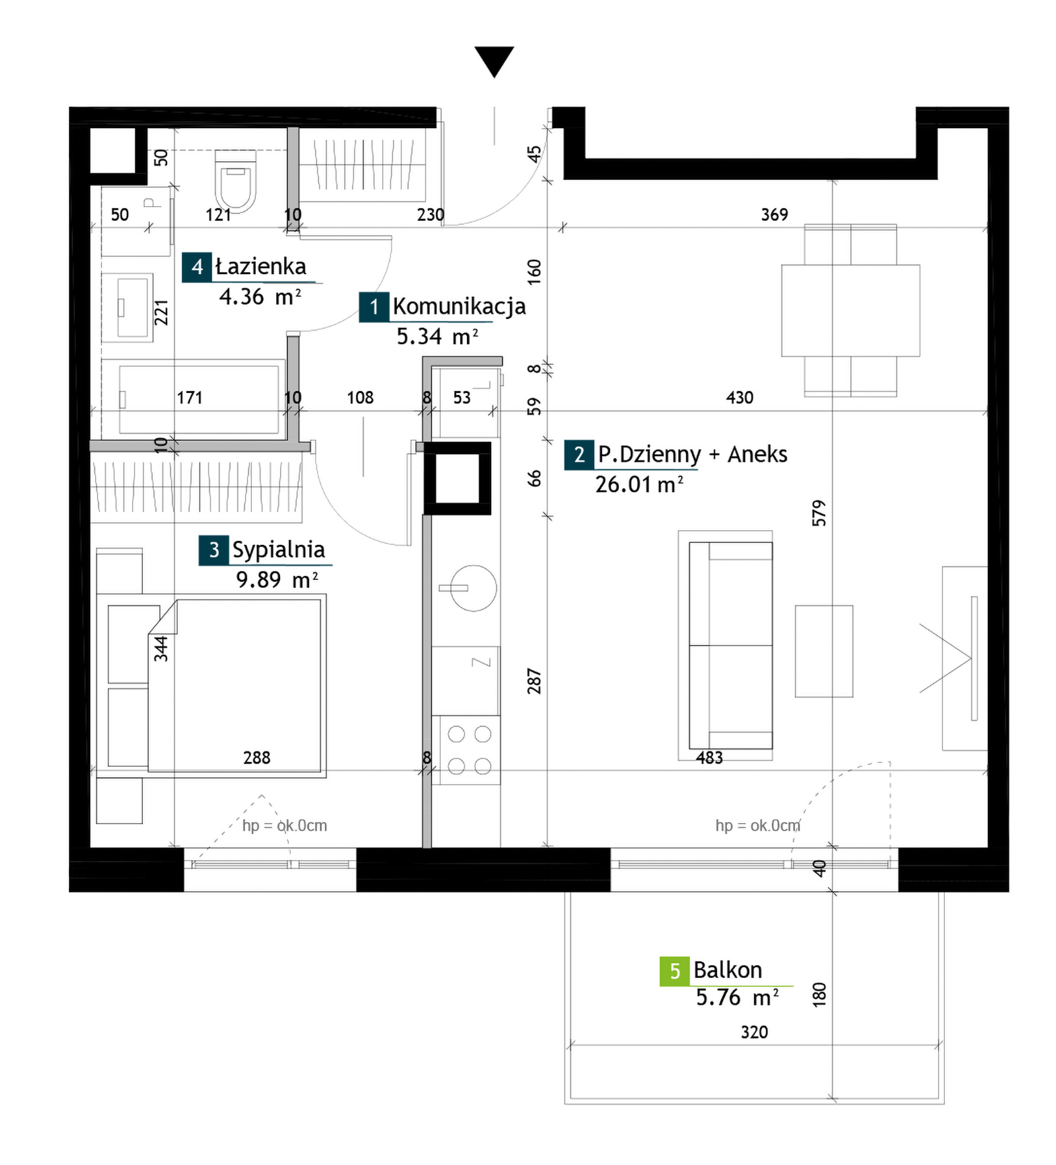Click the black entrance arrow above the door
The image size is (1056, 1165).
coord(494,60)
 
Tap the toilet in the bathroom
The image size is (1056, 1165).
coord(235,181)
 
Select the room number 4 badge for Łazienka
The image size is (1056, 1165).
coord(197,267)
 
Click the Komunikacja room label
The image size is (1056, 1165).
coord(459,306)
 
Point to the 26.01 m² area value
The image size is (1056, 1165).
coord(639,484)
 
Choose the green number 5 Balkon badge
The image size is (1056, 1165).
coord(674,971)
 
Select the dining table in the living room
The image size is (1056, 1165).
coord(850,310)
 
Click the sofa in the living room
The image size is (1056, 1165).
coord(730,645)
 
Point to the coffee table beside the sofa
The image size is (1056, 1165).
coord(824,651)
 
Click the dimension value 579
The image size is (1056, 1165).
coord(819,513)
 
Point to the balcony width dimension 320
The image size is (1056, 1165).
coord(754,1032)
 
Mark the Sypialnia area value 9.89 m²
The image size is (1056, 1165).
coord(277,579)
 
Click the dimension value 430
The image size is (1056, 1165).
coord(739,397)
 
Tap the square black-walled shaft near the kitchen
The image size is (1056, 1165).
coord(457,479)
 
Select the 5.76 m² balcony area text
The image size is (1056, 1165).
coord(737,997)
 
